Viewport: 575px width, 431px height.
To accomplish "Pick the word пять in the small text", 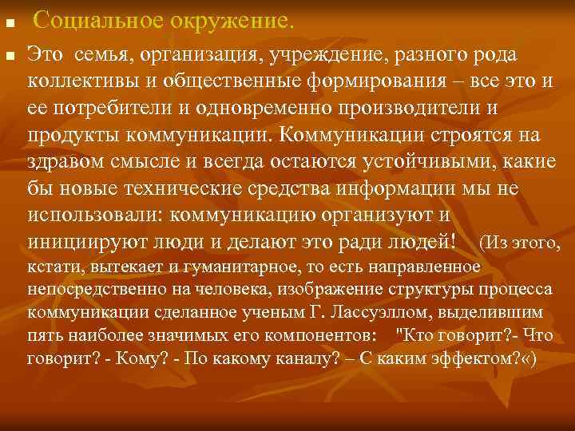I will click(41, 333).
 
